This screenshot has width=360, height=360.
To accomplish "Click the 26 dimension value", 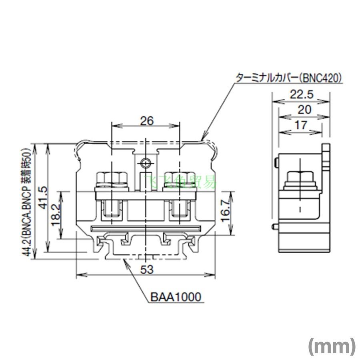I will coord(147,121).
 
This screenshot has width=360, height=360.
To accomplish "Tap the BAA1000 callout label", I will coord(176,297).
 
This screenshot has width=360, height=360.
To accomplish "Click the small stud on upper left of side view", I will coord(277,162).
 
